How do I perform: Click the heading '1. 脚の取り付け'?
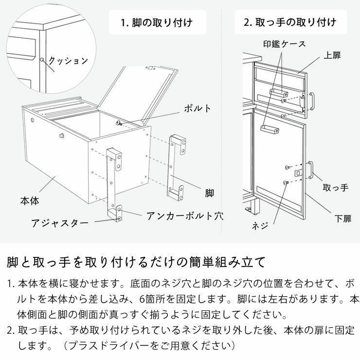(157, 22)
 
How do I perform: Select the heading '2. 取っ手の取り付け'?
(290, 22)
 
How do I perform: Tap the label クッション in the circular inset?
(69, 61)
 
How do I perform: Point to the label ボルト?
(197, 108)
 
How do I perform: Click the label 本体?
(29, 200)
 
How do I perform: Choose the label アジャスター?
(60, 223)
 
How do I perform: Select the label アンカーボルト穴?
(183, 216)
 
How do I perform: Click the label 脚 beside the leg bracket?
(209, 193)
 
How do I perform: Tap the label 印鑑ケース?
(285, 44)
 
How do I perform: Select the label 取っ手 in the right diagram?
(336, 188)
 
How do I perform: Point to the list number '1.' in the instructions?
(11, 284)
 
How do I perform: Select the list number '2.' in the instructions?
(11, 331)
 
